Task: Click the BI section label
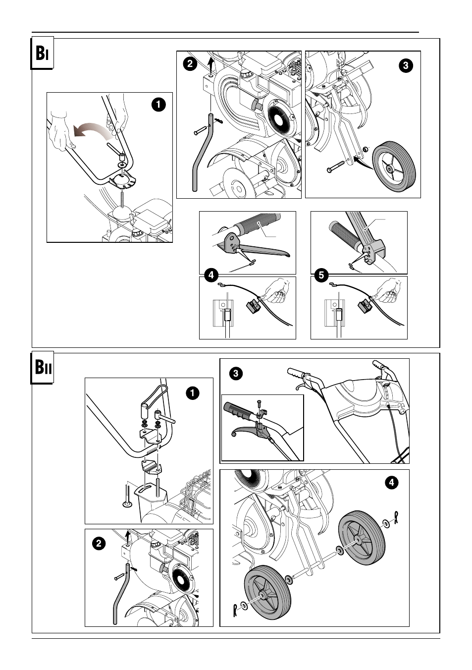point(42,54)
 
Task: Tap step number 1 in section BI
point(159,105)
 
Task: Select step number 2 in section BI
point(189,64)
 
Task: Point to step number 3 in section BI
point(406,65)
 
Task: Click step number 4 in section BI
point(211,275)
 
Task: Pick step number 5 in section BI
point(321,275)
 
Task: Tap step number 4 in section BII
point(392,483)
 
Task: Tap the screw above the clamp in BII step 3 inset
point(259,403)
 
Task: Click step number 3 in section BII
point(236,374)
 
